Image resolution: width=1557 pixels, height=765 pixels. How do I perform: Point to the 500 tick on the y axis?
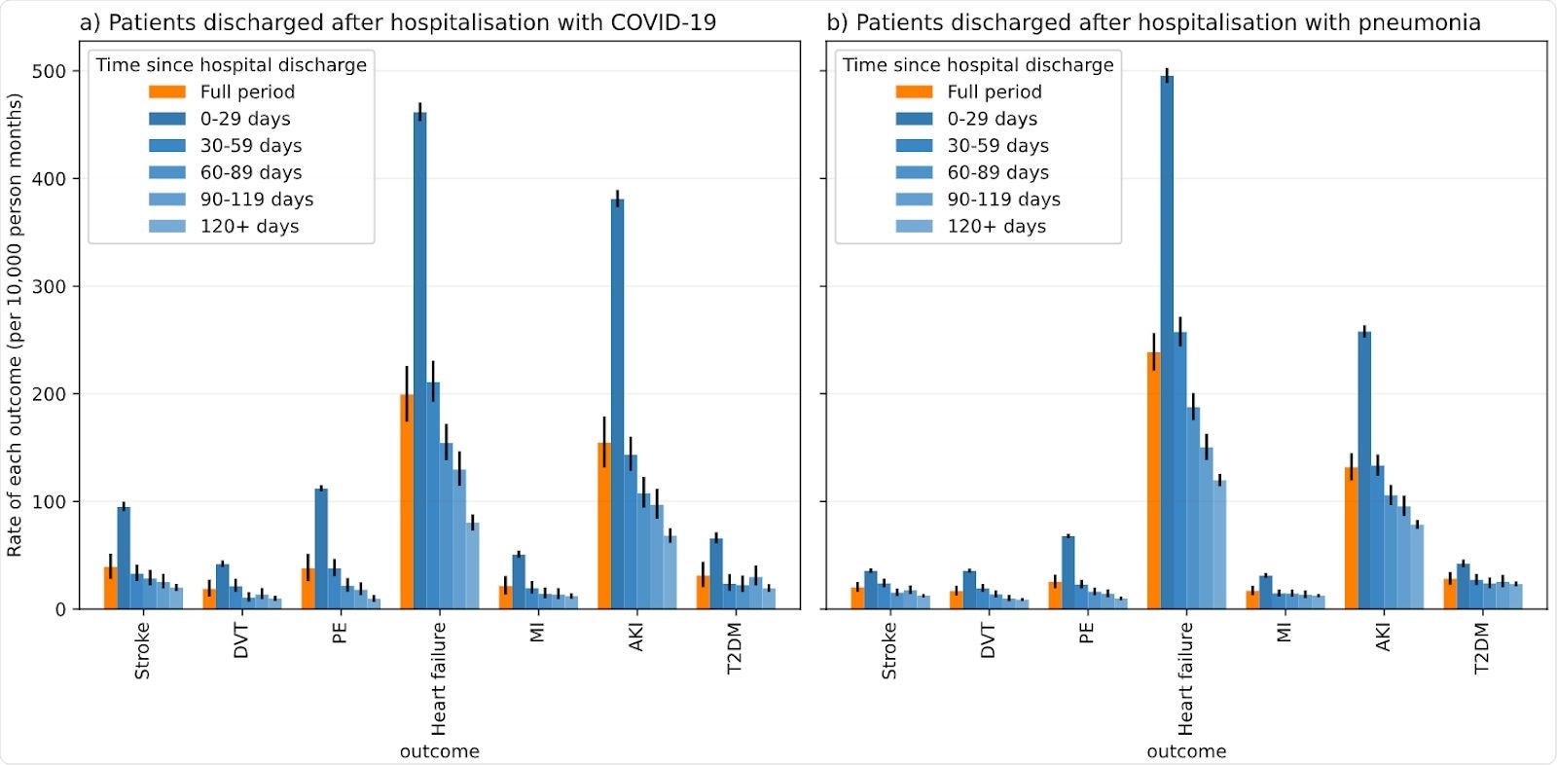(x=49, y=71)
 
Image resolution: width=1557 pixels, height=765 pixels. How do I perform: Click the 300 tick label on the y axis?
(x=49, y=287)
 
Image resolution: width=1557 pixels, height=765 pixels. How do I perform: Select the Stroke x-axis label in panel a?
(x=142, y=650)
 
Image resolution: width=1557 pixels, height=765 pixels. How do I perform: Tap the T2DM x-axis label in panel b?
(x=1481, y=648)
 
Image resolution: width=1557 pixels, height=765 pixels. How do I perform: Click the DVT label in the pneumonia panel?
(x=988, y=641)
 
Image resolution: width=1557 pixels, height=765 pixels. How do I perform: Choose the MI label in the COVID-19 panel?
(x=537, y=633)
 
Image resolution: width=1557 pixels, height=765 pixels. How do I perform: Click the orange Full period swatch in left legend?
(x=167, y=91)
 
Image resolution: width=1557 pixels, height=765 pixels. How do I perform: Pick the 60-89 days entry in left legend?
(x=250, y=172)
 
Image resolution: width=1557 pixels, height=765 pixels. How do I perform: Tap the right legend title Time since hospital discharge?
(x=977, y=65)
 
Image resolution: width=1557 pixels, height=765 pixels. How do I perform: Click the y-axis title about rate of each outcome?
(x=15, y=325)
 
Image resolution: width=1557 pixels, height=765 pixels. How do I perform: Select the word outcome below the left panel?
(x=439, y=751)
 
